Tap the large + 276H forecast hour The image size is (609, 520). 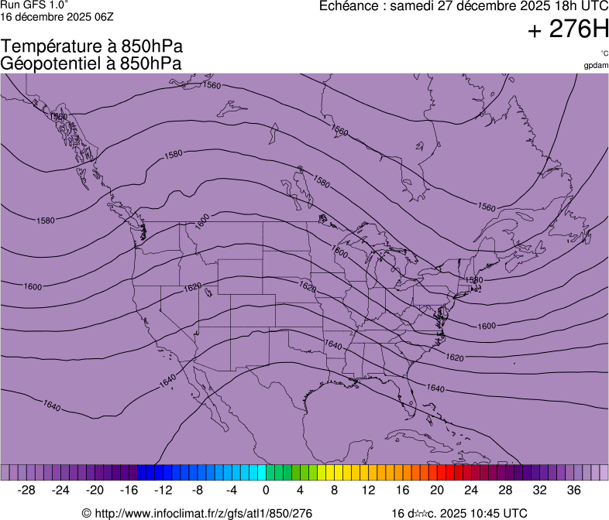click(568, 30)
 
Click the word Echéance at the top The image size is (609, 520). click(351, 6)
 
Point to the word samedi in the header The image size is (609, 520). click(416, 6)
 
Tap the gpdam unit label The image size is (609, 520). click(596, 65)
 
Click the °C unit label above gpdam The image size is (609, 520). click(604, 53)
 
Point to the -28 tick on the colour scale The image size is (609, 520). click(27, 490)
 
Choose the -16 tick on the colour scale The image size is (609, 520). click(129, 490)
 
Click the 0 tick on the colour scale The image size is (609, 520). click(266, 490)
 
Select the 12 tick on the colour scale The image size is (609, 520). click(368, 490)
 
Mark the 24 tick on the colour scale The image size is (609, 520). click(471, 490)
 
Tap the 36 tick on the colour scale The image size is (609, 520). click(573, 490)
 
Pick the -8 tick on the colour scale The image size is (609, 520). click(198, 490)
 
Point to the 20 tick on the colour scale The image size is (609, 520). click(436, 490)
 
